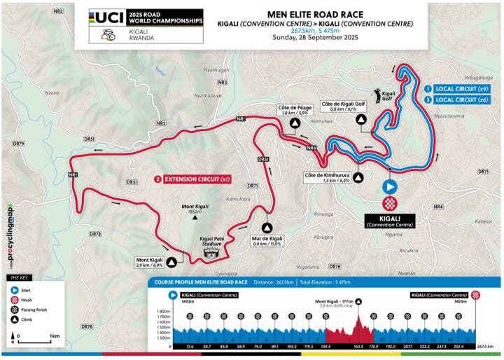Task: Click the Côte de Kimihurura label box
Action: pyautogui.click(x=325, y=177)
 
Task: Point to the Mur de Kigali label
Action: pyautogui.click(x=267, y=243)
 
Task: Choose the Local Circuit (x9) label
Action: pyautogui.click(x=462, y=89)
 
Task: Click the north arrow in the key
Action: pyautogui.click(x=13, y=339)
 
